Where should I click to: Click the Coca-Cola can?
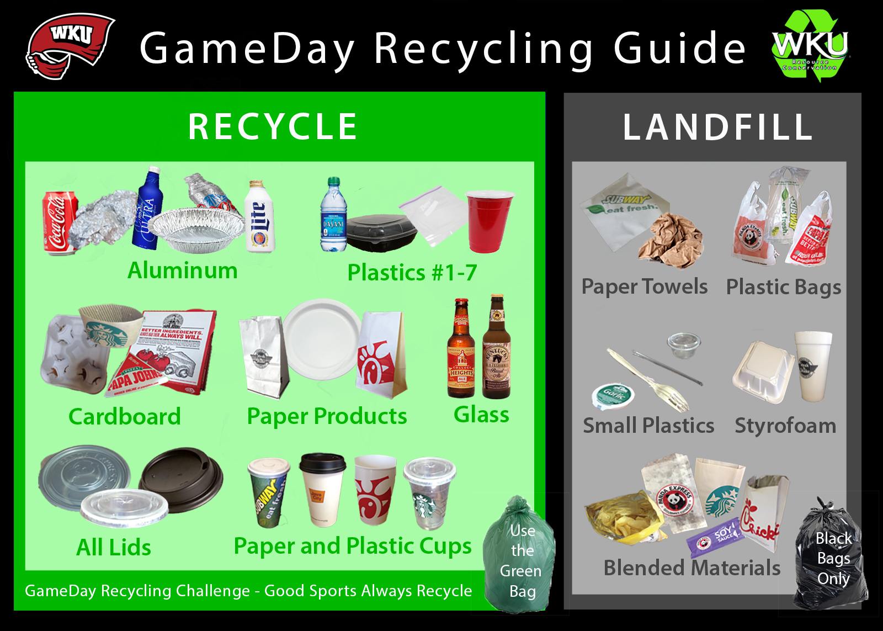click(x=60, y=222)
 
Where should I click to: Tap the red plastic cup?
click(x=488, y=220)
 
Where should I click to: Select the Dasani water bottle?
click(x=334, y=215)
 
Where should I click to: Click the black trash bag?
click(x=831, y=558)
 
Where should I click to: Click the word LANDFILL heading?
click(x=717, y=127)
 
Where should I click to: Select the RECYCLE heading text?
click(x=273, y=126)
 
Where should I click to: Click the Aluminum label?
click(x=182, y=271)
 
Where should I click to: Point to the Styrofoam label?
click(x=785, y=426)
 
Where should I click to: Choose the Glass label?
click(x=481, y=415)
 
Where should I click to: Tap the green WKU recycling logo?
click(x=810, y=46)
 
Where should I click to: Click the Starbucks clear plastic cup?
click(x=429, y=492)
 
